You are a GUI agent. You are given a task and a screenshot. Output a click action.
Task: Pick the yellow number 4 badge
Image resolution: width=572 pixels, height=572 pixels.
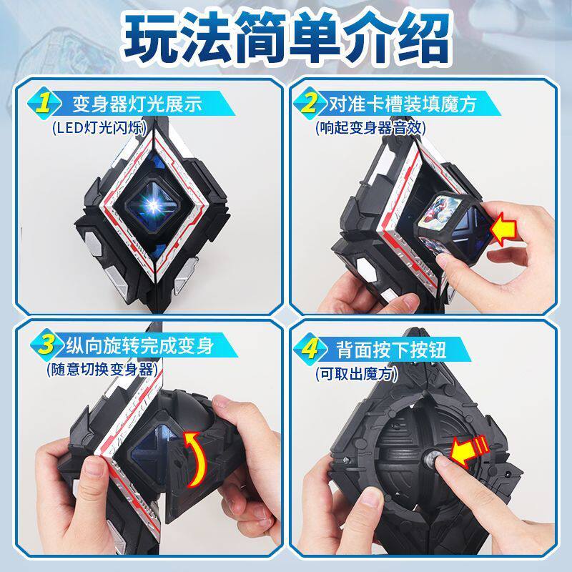tap(309, 348)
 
